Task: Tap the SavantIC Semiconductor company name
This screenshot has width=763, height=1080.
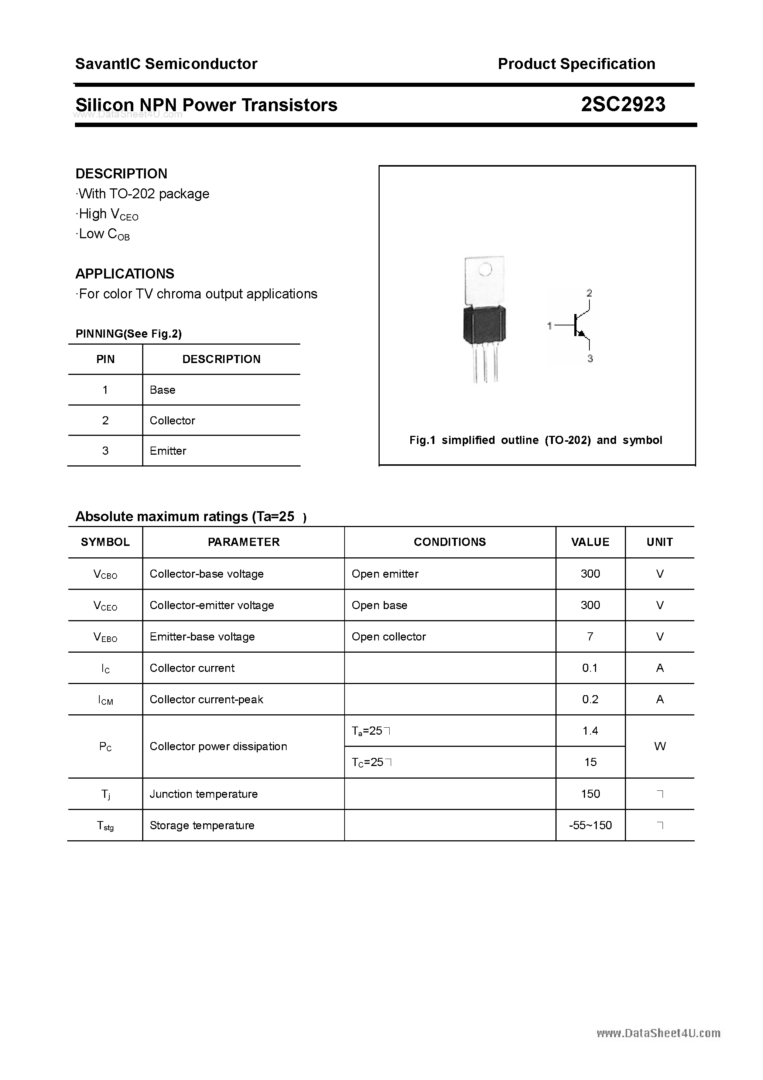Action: [x=166, y=64]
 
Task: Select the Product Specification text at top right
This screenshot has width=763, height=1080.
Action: [x=576, y=64]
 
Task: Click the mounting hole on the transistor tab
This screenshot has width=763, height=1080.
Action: [x=485, y=270]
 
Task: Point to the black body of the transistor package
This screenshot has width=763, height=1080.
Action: [x=485, y=325]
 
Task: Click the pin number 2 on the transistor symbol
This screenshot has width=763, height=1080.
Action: [x=589, y=293]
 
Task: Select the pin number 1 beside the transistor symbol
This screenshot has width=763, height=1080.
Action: [x=549, y=325]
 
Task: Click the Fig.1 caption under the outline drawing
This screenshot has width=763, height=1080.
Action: [x=536, y=440]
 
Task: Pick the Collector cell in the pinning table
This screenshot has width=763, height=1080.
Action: [x=172, y=421]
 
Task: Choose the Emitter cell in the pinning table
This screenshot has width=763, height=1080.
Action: [x=168, y=451]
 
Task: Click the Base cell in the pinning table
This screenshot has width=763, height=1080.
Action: [x=162, y=390]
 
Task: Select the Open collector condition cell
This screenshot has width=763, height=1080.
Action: [x=389, y=636]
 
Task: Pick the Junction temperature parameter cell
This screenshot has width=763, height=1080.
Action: [x=204, y=794]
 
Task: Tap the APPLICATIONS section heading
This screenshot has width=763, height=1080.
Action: [x=125, y=274]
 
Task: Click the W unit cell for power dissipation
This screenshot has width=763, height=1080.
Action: [x=660, y=746]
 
